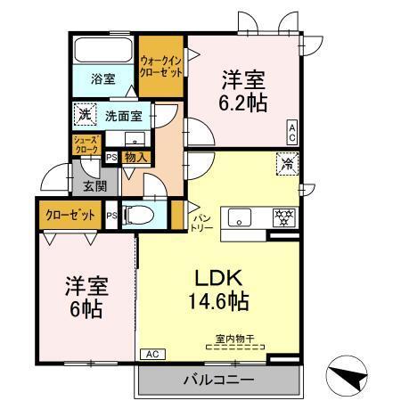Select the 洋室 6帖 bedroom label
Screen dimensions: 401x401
click(86, 298)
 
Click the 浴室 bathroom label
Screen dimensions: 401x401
click(102, 78)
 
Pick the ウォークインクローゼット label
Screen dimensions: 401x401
click(161, 66)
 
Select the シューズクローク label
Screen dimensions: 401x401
click(86, 145)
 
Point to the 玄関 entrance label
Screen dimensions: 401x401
click(95, 186)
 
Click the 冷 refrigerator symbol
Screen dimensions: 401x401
click(287, 164)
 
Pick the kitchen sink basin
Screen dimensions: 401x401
click(241, 217)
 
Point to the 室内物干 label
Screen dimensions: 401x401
click(233, 339)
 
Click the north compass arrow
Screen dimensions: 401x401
click(349, 375)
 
